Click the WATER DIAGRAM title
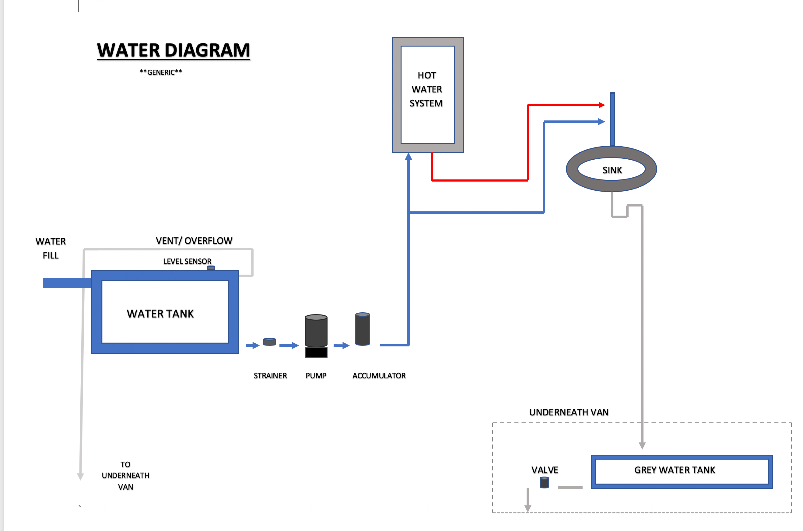[173, 51]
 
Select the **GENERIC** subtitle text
[161, 72]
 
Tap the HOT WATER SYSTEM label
[426, 89]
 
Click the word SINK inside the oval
[612, 170]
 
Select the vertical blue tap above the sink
[612, 119]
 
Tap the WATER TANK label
[160, 314]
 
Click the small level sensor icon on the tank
[211, 268]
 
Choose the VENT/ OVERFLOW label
[194, 241]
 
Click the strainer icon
[269, 342]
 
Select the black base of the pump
[316, 352]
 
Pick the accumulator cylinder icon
[362, 329]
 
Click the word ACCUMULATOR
[379, 376]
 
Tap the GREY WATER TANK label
[674, 470]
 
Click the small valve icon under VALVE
[544, 483]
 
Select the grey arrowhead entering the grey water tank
[642, 445]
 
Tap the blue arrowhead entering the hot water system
[409, 156]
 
